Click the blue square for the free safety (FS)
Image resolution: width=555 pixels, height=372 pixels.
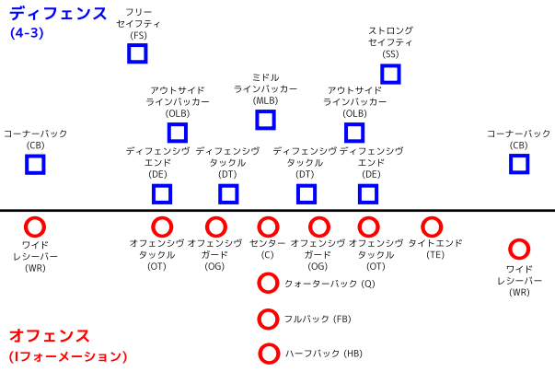[x=137, y=53]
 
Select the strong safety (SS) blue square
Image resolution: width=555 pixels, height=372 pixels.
[x=390, y=74]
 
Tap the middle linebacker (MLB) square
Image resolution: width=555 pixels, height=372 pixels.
[x=265, y=120]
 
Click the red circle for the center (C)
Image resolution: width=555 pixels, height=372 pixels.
[x=268, y=227]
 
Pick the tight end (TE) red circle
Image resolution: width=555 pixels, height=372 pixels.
[x=432, y=227]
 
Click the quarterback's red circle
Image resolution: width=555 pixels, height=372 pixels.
[x=268, y=283]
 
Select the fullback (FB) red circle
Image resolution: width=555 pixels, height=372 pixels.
[x=268, y=319]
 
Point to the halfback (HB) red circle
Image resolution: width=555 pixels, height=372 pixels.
[x=269, y=354]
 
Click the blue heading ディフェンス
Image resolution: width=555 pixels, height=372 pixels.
[x=58, y=14]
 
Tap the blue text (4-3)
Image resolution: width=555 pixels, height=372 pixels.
[x=27, y=33]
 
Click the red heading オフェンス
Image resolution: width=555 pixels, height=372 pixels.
[x=49, y=335]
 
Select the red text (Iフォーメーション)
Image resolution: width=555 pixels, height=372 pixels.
[x=68, y=356]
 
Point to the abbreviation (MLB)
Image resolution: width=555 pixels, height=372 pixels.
[x=265, y=100]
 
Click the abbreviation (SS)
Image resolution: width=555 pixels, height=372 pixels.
[x=390, y=53]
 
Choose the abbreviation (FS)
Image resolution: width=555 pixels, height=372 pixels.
[x=138, y=35]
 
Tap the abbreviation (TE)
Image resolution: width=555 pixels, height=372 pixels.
[x=435, y=255]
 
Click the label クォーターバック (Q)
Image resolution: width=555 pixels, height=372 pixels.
[x=330, y=284]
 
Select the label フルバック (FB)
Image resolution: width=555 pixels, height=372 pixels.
[x=318, y=319]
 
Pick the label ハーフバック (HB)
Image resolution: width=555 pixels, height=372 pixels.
[x=324, y=354]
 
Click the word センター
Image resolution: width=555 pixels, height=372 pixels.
[x=267, y=243]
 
